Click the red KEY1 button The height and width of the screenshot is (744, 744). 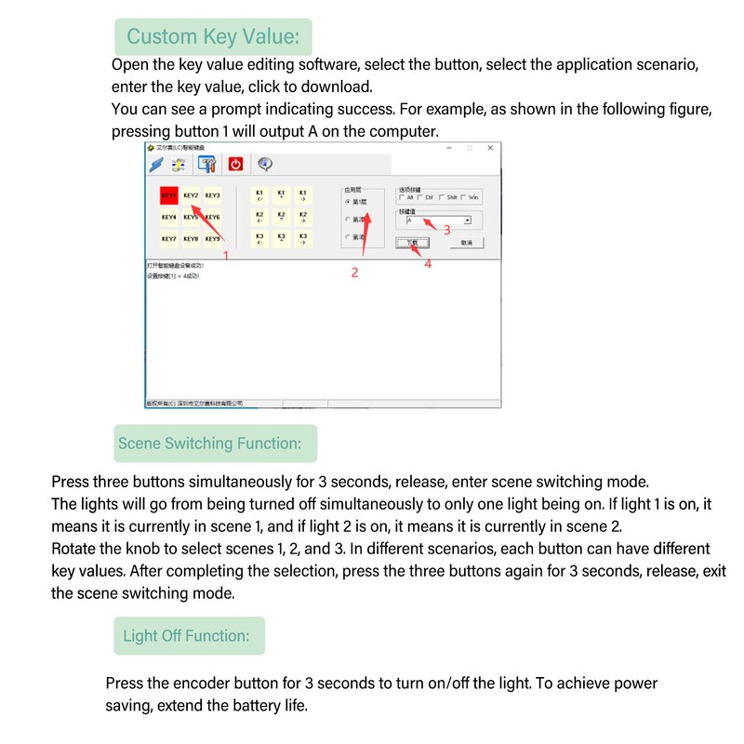(x=169, y=196)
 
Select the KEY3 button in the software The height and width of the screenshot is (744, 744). (x=213, y=196)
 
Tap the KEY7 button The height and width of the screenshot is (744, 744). (x=169, y=239)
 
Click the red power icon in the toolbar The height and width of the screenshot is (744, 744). (x=235, y=164)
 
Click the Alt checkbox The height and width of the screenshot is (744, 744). (x=401, y=197)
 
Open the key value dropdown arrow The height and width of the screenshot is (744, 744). (x=467, y=220)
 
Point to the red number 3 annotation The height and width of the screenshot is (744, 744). (x=446, y=230)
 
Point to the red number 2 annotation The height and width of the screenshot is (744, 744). (x=354, y=272)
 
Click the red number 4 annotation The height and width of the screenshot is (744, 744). (x=428, y=263)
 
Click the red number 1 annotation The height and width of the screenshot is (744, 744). (x=225, y=253)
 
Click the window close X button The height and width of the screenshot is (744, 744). (x=491, y=147)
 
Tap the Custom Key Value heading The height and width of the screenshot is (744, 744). (x=213, y=37)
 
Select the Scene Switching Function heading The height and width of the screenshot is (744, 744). (x=209, y=444)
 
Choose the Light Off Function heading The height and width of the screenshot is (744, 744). (x=186, y=636)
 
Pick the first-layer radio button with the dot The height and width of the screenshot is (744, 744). (x=348, y=201)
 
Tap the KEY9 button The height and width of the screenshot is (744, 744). (x=213, y=239)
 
